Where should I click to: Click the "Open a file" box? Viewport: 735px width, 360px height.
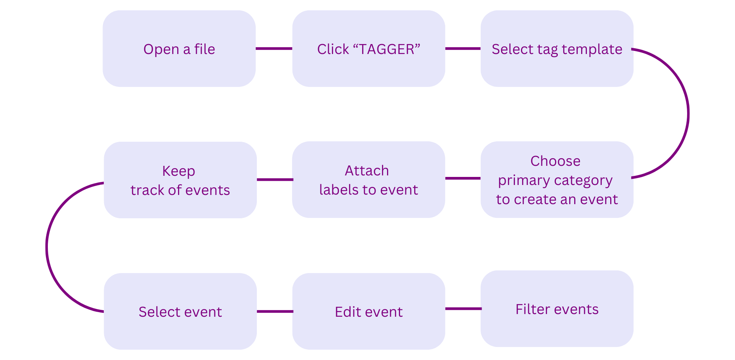[x=179, y=49]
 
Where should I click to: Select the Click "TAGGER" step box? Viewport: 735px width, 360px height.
[x=369, y=49]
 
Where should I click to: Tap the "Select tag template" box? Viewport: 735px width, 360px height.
[x=557, y=49]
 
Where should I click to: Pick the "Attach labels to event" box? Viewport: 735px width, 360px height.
[x=369, y=180]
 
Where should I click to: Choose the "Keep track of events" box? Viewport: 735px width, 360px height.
[x=180, y=180]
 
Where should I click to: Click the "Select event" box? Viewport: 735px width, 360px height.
[x=180, y=311]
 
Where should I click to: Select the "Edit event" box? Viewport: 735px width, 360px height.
[x=369, y=311]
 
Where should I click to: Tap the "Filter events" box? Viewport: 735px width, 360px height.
[x=557, y=309]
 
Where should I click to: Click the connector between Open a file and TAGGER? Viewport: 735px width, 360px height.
[x=274, y=49]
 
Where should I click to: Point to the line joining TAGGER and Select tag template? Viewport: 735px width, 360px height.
[x=463, y=49]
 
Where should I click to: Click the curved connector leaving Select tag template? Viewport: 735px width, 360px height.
[x=688, y=113]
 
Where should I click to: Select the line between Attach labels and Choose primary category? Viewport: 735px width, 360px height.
[x=463, y=178]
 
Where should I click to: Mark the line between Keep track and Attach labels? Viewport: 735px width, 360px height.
[x=275, y=180]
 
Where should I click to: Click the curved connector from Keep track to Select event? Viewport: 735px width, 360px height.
[x=47, y=247]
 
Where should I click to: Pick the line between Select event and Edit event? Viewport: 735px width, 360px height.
[x=275, y=311]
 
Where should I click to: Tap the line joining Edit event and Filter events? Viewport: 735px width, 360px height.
[x=463, y=309]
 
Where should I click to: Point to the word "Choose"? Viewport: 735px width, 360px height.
[x=555, y=161]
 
